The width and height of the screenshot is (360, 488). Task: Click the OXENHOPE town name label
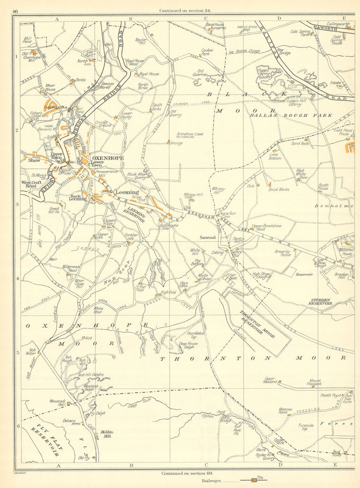point(108,158)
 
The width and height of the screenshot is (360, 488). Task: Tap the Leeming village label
point(127,192)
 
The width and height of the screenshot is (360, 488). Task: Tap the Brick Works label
point(279,189)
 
